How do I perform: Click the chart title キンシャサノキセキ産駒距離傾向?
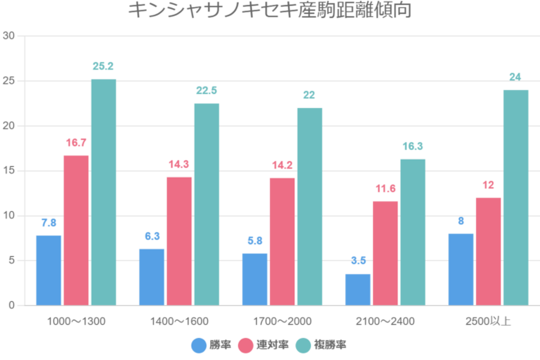pyautogui.click(x=270, y=11)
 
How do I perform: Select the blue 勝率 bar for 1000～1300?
pyautogui.click(x=48, y=270)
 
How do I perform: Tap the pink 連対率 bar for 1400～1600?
pyautogui.click(x=179, y=241)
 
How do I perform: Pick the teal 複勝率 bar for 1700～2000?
pyautogui.click(x=309, y=206)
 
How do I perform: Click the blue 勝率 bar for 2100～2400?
pyautogui.click(x=358, y=290)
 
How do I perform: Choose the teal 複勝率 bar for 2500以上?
pyautogui.click(x=515, y=197)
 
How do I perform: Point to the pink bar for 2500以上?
pyautogui.click(x=488, y=251)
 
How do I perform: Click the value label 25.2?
pyautogui.click(x=103, y=66)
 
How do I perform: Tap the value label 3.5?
pyautogui.click(x=358, y=261)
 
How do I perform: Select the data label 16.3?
pyautogui.click(x=412, y=146)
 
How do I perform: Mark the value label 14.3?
pyautogui.click(x=179, y=164)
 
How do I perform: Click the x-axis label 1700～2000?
pyautogui.click(x=282, y=321)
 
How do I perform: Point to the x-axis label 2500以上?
pyautogui.click(x=488, y=321)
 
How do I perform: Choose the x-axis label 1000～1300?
pyautogui.click(x=76, y=321)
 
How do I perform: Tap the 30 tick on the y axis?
pyautogui.click(x=9, y=36)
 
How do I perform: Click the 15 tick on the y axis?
pyautogui.click(x=9, y=171)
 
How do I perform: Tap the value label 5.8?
pyautogui.click(x=254, y=241)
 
